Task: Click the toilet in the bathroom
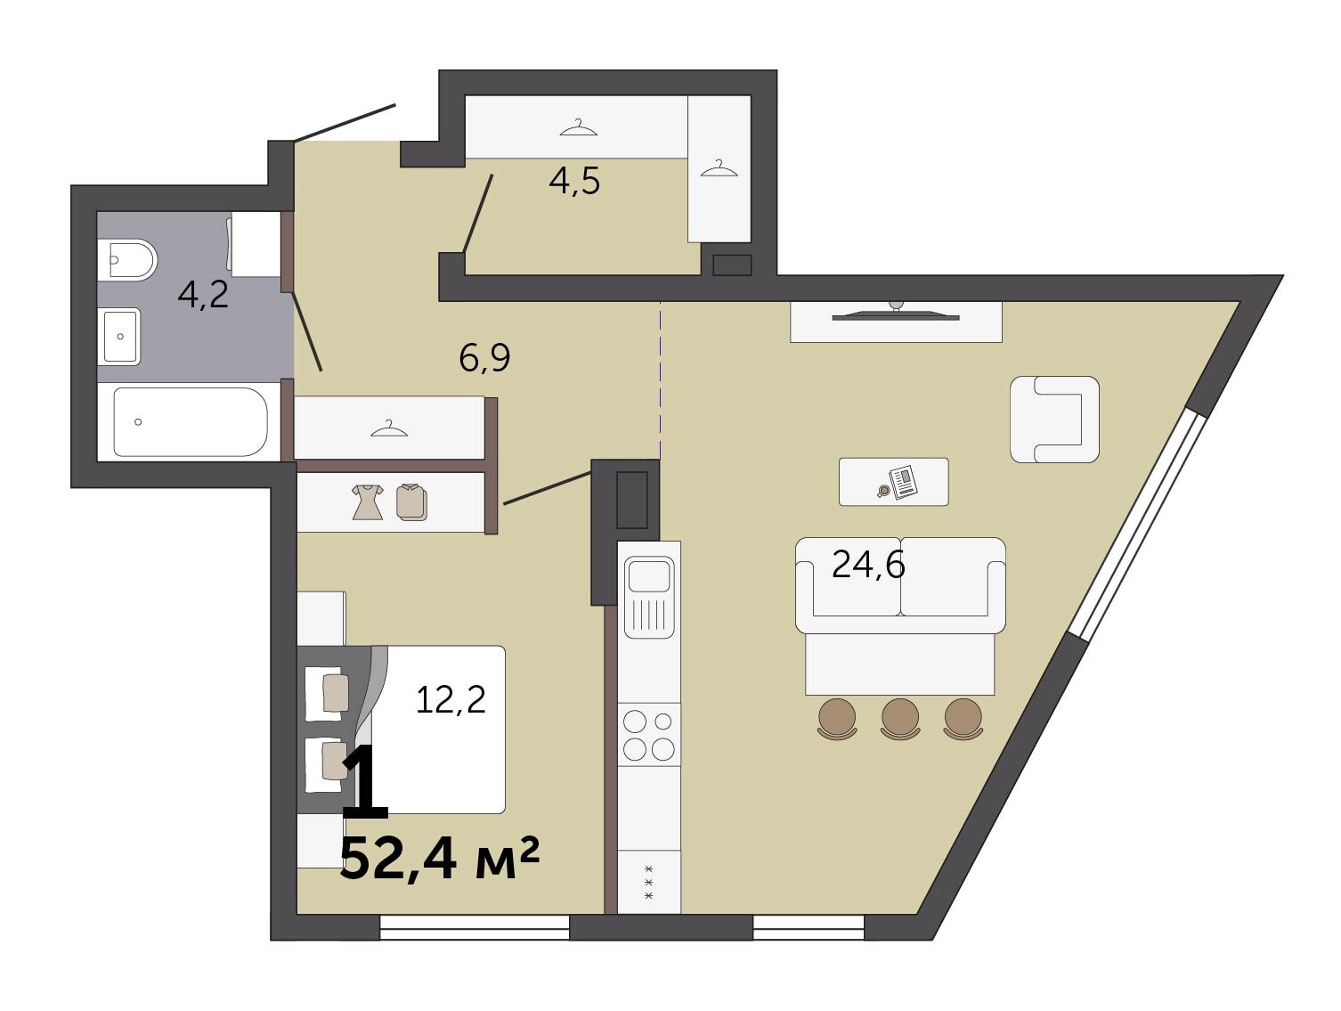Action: tap(127, 259)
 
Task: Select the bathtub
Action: tap(191, 422)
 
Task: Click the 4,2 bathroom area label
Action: tap(203, 295)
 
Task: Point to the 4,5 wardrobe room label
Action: tap(574, 181)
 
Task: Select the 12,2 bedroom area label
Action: tap(451, 699)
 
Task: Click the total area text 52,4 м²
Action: tap(439, 859)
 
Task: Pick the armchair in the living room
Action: tap(1054, 419)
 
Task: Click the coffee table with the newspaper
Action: tap(893, 482)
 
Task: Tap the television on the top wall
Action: tap(896, 314)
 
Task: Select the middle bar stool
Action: tap(900, 719)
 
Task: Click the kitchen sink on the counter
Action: tap(649, 597)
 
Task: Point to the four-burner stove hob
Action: tap(649, 734)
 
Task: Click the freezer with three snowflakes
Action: tap(649, 882)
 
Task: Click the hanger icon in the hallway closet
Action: tap(388, 428)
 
